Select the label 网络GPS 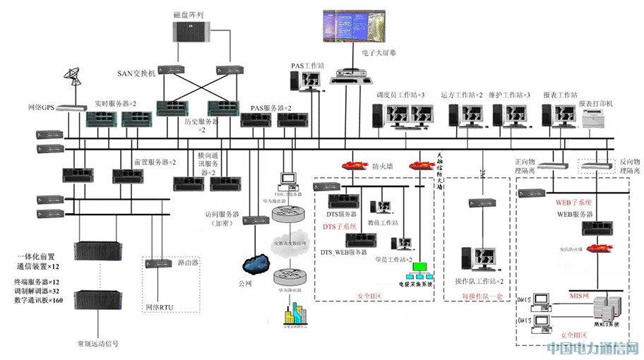point(41,107)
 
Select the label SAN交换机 point(136,73)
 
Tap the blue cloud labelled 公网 point(254,264)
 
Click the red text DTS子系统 point(340,226)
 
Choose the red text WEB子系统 point(573,202)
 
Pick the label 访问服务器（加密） point(221,217)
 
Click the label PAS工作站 point(307,66)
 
